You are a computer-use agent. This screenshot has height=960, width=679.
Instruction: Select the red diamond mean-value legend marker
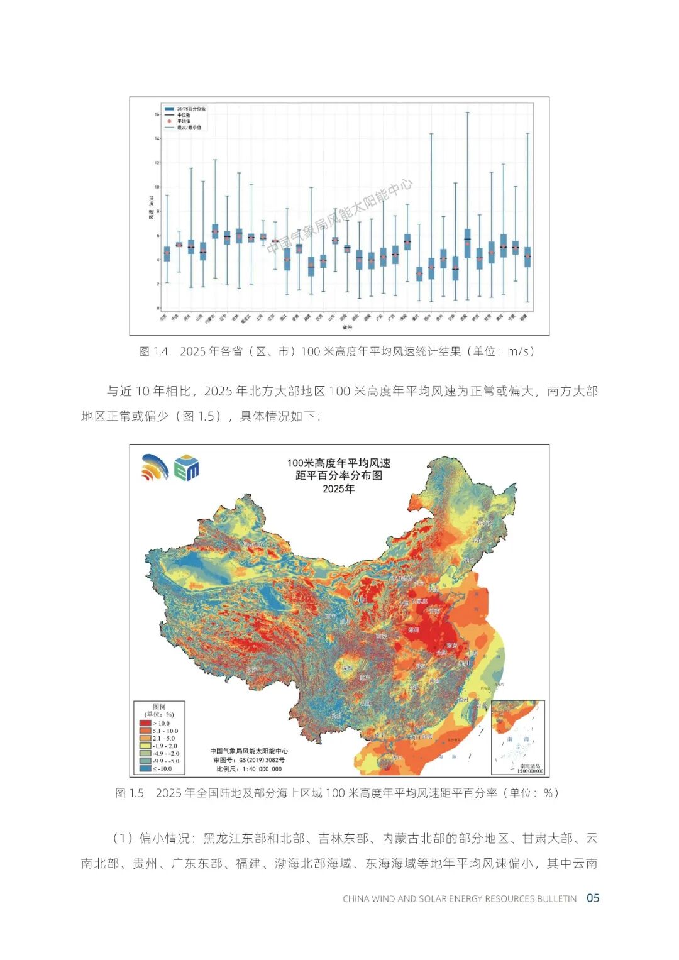pos(169,121)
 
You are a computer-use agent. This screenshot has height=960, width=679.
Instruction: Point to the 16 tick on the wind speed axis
pos(157,114)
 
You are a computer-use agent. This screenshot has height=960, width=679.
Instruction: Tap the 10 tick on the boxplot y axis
pos(157,187)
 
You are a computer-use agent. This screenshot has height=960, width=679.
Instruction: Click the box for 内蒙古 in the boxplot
pos(215,231)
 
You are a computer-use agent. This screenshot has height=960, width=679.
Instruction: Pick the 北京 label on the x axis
pos(164,317)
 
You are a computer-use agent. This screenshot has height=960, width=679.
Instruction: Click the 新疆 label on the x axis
pos(524,317)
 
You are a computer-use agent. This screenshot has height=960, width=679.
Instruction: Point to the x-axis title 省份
pos(347,327)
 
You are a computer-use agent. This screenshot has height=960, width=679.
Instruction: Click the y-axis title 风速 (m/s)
pos(152,207)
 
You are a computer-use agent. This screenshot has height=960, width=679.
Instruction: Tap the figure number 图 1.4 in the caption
pos(153,351)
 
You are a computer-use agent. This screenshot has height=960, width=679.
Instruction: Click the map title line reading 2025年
pos(338,489)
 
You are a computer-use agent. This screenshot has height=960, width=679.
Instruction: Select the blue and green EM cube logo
pos(187,468)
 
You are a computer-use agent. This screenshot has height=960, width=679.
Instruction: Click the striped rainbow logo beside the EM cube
pos(155,467)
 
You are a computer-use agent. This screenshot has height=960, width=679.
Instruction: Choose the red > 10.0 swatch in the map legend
pos(145,723)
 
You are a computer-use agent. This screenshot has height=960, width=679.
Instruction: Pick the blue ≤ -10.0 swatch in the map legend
pos(145,768)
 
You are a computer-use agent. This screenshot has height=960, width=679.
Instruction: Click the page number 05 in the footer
pos(592,898)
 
